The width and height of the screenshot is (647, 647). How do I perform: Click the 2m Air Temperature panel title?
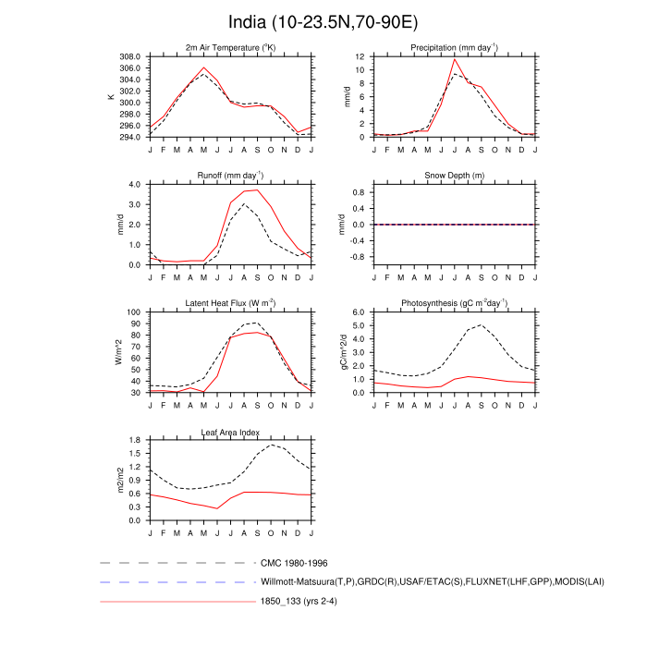click(x=230, y=47)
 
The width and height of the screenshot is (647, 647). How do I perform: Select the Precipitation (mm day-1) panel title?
click(x=454, y=47)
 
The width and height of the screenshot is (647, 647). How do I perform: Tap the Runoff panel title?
click(x=230, y=175)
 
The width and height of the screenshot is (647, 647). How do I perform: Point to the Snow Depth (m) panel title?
click(x=454, y=176)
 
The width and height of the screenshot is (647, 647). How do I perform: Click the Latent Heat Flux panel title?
click(x=230, y=303)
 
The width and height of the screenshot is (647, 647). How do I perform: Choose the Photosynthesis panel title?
click(x=454, y=303)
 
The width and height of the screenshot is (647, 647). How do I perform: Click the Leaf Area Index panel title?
click(x=230, y=432)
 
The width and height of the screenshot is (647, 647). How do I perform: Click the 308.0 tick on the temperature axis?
click(x=131, y=56)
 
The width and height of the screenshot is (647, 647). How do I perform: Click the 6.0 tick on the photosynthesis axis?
click(x=360, y=312)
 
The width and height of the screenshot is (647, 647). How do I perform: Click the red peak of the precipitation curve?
click(x=454, y=60)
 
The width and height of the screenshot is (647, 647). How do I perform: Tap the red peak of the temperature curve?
click(x=204, y=67)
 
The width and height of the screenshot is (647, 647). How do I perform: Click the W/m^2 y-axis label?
click(x=117, y=352)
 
